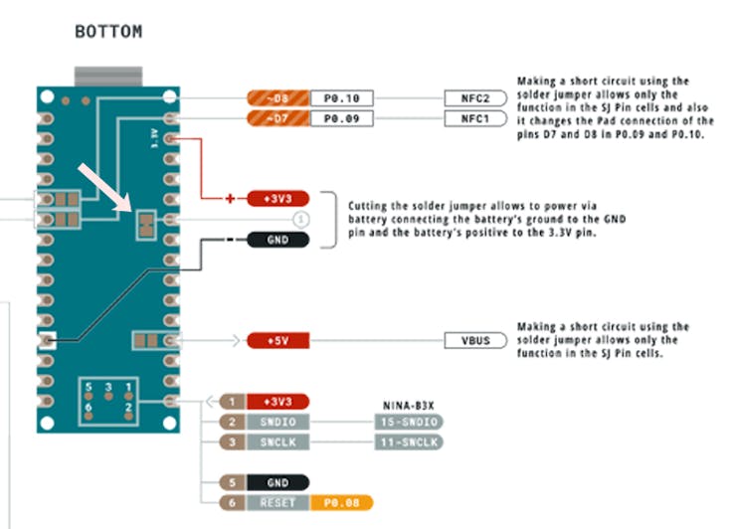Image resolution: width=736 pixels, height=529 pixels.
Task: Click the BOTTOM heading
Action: pyautogui.click(x=108, y=32)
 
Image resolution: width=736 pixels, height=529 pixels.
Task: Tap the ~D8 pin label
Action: pyautogui.click(x=277, y=98)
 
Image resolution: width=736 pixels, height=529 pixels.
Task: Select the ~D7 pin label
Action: pyautogui.click(x=277, y=119)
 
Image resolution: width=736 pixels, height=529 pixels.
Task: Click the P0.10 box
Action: pyautogui.click(x=342, y=98)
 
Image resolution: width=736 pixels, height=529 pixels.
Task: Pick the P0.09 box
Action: pyautogui.click(x=342, y=119)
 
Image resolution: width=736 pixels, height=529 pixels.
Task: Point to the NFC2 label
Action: pyautogui.click(x=474, y=98)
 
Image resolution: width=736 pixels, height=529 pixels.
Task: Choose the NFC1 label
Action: pyautogui.click(x=474, y=119)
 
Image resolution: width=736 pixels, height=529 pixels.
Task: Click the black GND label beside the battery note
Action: pyautogui.click(x=278, y=240)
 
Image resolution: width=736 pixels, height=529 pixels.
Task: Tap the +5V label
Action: pyautogui.click(x=277, y=341)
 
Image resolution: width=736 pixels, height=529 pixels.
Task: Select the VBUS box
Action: pyautogui.click(x=474, y=341)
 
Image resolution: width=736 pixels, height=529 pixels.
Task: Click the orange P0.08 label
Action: pyautogui.click(x=341, y=502)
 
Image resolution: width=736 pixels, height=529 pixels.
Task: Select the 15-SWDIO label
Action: pyautogui.click(x=409, y=422)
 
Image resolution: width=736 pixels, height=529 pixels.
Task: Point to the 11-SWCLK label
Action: pyautogui.click(x=409, y=441)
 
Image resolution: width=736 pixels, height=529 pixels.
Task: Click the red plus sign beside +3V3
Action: pyautogui.click(x=231, y=199)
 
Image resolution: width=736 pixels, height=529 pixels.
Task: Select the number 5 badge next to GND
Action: pyautogui.click(x=232, y=482)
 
